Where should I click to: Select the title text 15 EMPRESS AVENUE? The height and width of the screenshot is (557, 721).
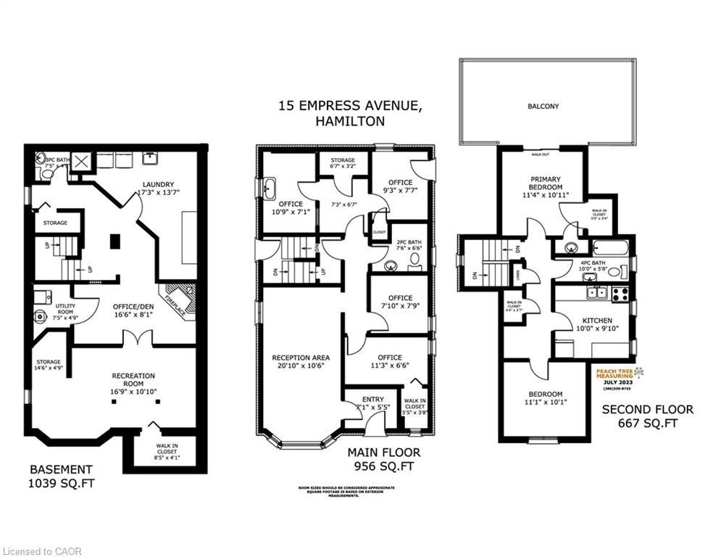[349, 106]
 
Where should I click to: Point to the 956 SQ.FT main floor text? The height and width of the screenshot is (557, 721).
[383, 466]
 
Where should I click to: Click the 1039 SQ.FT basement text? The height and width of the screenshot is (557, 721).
[61, 482]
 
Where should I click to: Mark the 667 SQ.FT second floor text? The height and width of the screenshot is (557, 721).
[647, 423]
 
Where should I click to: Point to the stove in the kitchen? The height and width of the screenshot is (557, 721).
[620, 294]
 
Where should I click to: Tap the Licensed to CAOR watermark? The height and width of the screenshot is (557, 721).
[42, 551]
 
